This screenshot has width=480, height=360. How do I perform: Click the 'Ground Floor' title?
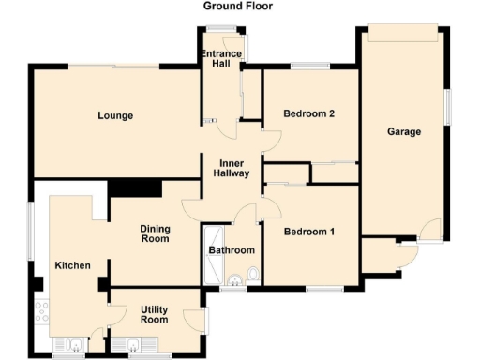[x=239, y=6]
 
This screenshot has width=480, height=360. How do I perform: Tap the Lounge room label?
[x=115, y=116]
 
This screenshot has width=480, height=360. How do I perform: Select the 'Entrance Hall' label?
[x=222, y=60]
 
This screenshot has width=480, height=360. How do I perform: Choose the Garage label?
[x=404, y=132]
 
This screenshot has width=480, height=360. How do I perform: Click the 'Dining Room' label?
[x=155, y=233]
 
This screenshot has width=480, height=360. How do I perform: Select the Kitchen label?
[x=72, y=265]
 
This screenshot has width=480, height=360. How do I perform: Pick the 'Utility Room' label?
[x=154, y=314]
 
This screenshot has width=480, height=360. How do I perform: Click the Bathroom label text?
[x=232, y=250]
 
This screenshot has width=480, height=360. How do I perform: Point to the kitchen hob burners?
[x=42, y=310]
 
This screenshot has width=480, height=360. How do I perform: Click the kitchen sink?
[x=67, y=343]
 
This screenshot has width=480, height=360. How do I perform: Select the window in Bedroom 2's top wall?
[x=308, y=67]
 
